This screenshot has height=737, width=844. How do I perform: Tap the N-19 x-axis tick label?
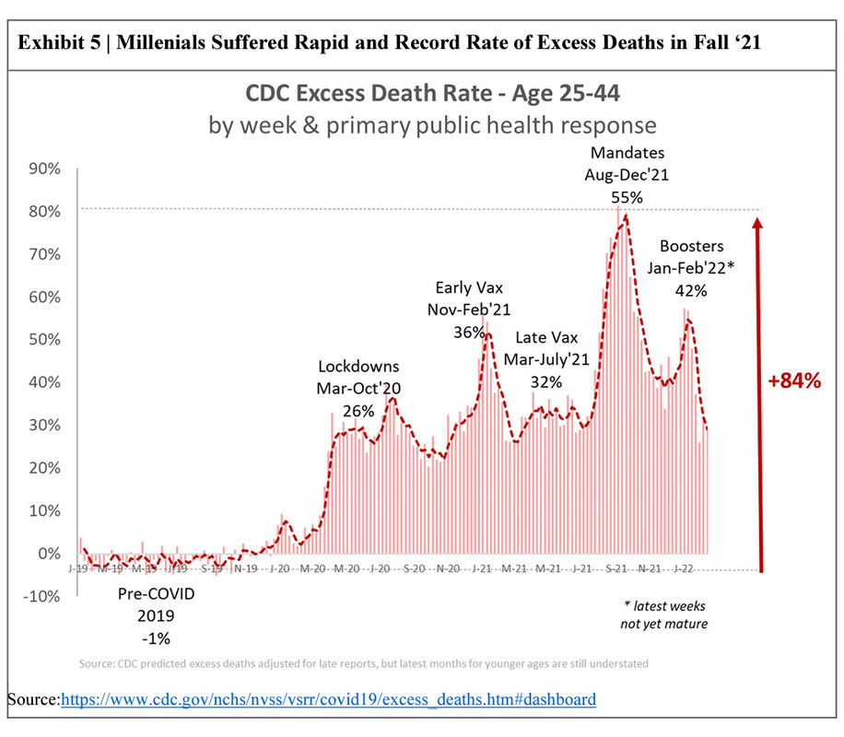[x=246, y=570]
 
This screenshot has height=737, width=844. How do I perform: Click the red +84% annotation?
[x=793, y=380]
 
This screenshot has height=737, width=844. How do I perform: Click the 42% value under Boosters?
[x=691, y=290]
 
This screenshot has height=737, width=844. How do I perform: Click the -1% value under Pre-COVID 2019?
[x=157, y=637]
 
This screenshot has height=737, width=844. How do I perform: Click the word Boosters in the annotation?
[x=692, y=247]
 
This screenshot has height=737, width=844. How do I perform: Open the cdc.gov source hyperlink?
[x=328, y=700]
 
